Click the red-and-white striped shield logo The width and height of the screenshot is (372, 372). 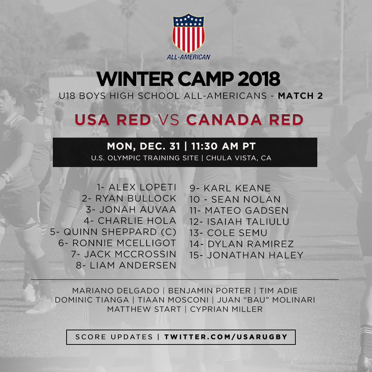tap(188, 33)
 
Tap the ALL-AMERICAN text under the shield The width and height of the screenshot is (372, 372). tap(189, 57)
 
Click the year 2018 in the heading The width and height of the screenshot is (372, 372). tap(259, 79)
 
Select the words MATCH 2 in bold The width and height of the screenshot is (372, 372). tap(300, 96)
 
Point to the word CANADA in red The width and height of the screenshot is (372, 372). tap(224, 120)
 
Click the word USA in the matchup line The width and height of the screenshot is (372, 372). tap(92, 120)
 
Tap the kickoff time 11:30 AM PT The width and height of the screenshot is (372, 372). tap(224, 146)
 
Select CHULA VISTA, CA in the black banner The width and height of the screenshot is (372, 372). tap(239, 158)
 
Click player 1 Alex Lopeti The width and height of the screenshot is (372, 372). tap(137, 187)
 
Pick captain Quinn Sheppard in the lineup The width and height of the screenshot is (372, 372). tap(113, 232)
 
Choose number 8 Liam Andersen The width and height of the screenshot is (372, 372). tap(126, 265)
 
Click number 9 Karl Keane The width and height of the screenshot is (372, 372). tap(230, 188)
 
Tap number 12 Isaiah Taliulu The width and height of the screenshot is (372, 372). tap(239, 222)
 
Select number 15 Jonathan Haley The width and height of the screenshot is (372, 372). tap(246, 255)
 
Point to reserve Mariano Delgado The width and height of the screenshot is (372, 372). tap(116, 291)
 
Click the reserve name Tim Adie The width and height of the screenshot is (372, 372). tap(278, 291)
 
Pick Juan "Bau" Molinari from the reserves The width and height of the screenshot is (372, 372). tap(266, 300)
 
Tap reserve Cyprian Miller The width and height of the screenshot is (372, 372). tap(226, 309)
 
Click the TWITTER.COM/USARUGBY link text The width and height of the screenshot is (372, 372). tap(226, 337)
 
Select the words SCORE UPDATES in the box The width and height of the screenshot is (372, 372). tap(114, 337)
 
